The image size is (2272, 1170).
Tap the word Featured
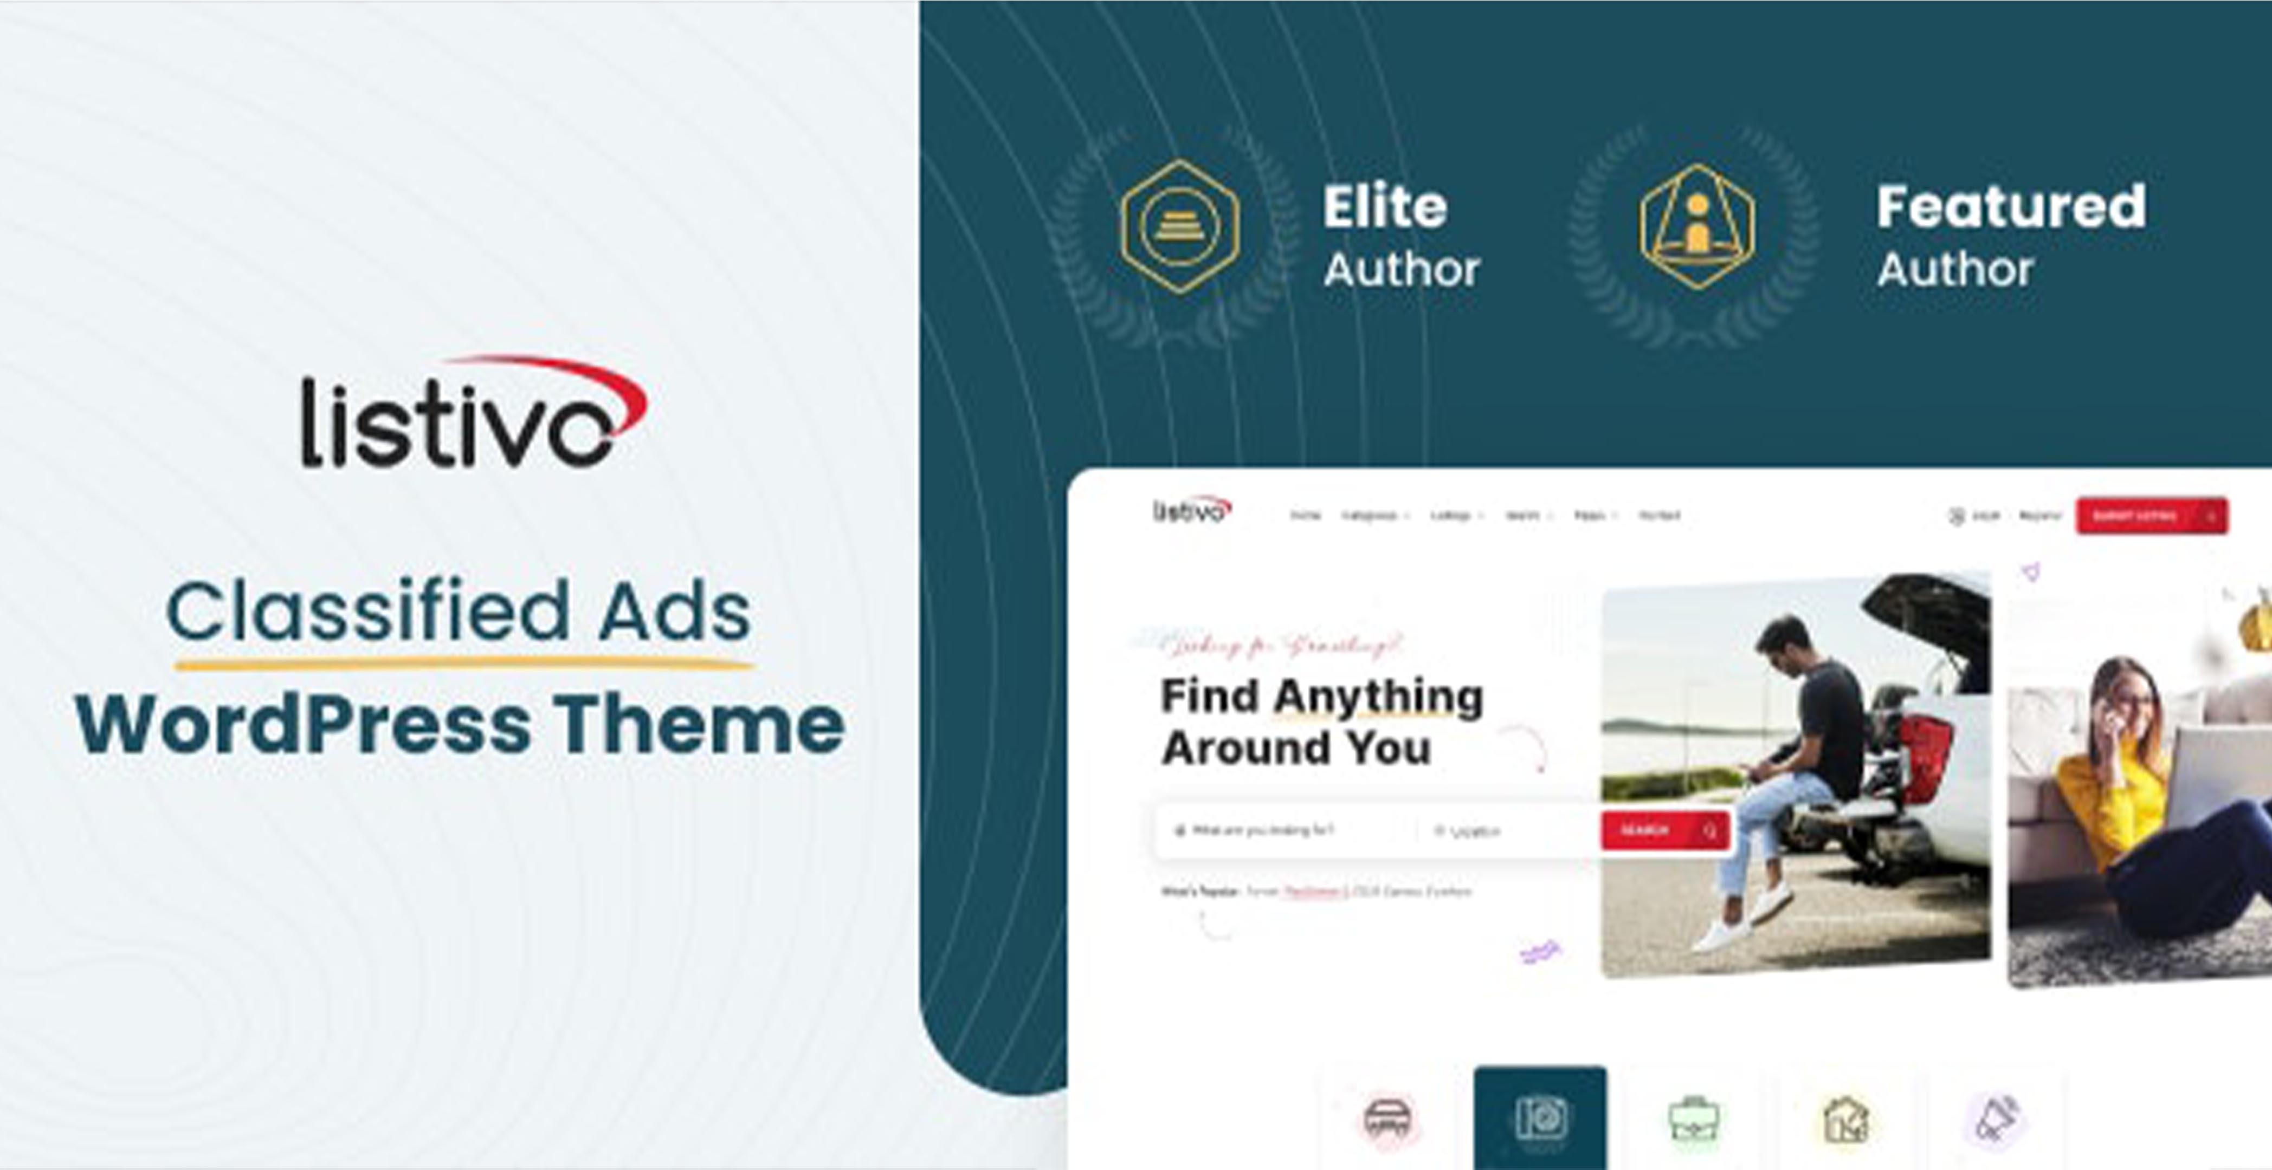pos(2011,208)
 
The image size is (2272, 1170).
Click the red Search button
pos(1665,830)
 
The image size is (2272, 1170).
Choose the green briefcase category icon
pos(1693,1120)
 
